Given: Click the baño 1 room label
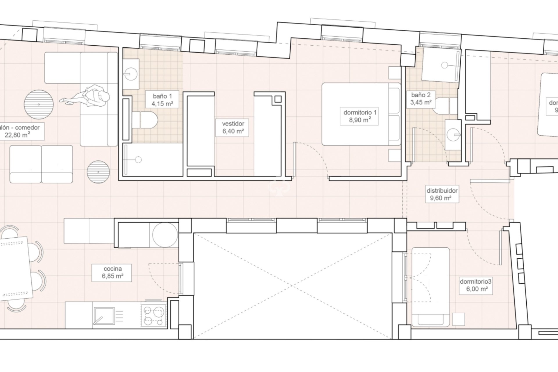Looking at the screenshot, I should [162, 100].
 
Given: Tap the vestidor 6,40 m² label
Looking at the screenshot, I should [233, 127].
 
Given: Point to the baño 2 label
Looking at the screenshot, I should [421, 99].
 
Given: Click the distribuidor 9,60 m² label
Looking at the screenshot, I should [442, 194].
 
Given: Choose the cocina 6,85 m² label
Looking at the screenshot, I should [112, 273].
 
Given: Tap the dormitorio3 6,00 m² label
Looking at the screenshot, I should [475, 285].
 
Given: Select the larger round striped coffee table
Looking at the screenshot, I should [39, 104].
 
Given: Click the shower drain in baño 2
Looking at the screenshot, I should [444, 65].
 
